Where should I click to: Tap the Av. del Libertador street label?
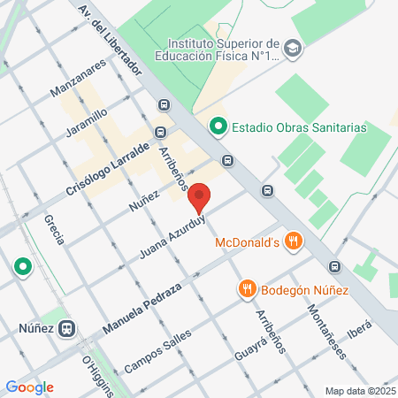pyautogui.click(x=111, y=42)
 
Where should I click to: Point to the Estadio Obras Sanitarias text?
pyautogui.click(x=298, y=127)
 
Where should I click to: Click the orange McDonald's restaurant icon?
pyautogui.click(x=295, y=241)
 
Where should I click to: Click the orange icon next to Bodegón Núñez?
pyautogui.click(x=247, y=288)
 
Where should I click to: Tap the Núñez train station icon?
pyautogui.click(x=66, y=328)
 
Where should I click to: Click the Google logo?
pyautogui.click(x=29, y=387)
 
